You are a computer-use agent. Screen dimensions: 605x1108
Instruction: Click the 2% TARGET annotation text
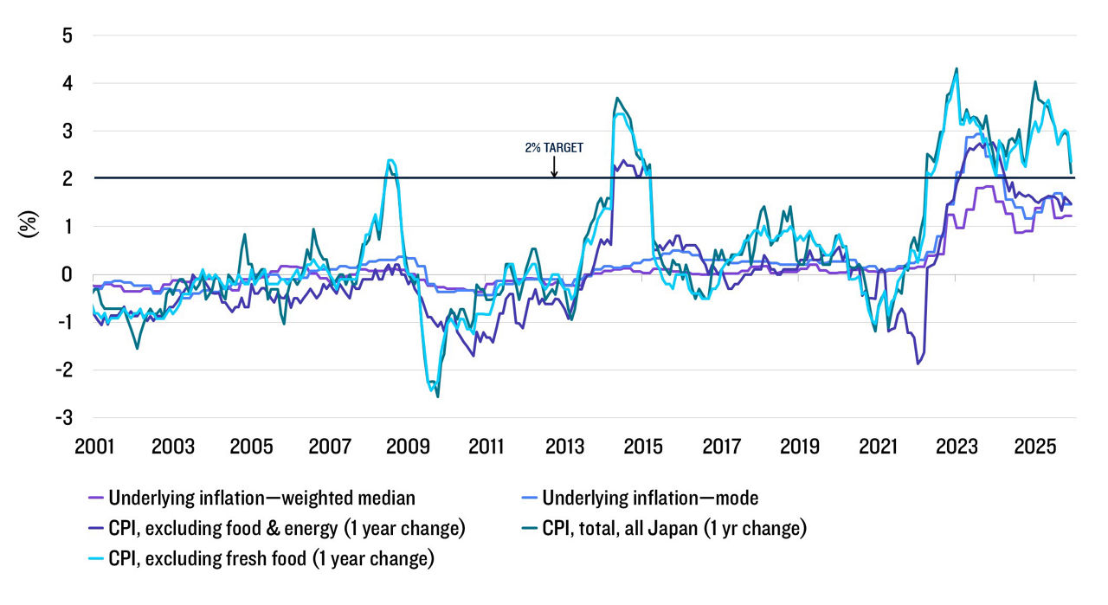pyautogui.click(x=553, y=148)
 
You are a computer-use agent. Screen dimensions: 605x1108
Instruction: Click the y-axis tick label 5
pyautogui.click(x=67, y=35)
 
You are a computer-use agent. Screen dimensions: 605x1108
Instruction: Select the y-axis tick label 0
pyautogui.click(x=67, y=274)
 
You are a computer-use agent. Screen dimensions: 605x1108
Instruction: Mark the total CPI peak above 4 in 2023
pyautogui.click(x=956, y=68)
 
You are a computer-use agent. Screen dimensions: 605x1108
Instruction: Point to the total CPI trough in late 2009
pyautogui.click(x=437, y=396)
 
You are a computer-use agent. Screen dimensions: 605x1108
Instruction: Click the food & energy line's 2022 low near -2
pyautogui.click(x=918, y=364)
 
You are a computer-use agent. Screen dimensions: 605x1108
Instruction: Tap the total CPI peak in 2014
pyautogui.click(x=616, y=99)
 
